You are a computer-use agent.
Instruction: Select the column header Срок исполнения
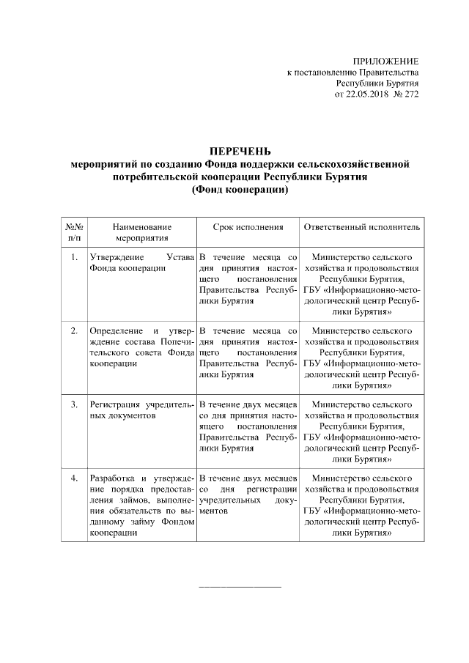point(248,227)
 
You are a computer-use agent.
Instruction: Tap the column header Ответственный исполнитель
point(362,227)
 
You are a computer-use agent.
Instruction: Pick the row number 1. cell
point(73,258)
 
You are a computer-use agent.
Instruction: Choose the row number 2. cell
point(73,331)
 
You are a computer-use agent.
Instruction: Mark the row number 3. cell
point(73,404)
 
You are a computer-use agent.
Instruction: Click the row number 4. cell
point(73,478)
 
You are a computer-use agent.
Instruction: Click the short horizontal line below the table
point(240,587)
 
